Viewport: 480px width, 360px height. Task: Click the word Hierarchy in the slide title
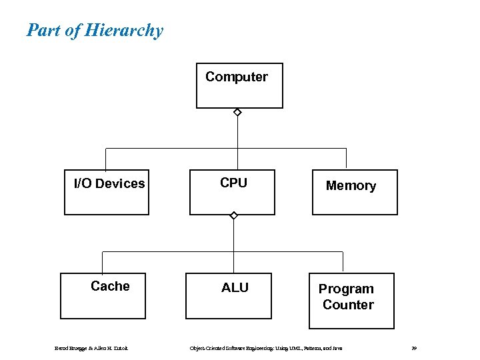(125, 31)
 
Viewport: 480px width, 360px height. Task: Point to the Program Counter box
(351, 301)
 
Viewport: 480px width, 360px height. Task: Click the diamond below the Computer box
(237, 113)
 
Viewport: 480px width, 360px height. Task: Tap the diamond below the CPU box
(233, 215)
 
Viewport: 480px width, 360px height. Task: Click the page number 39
(414, 348)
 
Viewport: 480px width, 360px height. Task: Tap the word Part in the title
(41, 31)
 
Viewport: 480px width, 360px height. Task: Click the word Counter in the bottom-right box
(348, 305)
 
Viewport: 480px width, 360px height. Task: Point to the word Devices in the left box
(120, 183)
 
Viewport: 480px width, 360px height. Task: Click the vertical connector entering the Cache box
(102, 262)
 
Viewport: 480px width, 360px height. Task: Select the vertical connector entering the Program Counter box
(343, 262)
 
